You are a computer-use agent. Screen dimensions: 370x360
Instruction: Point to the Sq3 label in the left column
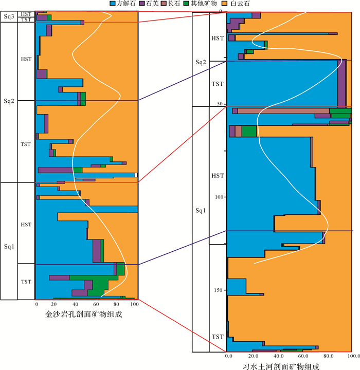9,16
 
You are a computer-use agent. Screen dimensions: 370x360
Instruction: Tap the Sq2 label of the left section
9,100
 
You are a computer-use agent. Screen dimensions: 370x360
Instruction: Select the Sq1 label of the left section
9,247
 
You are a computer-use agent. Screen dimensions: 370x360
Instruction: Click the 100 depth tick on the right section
217,197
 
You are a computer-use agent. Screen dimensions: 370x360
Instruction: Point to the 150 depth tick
217,290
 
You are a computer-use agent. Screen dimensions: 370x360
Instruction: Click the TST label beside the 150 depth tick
218,337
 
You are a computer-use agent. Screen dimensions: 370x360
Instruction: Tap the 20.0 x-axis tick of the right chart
252,356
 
